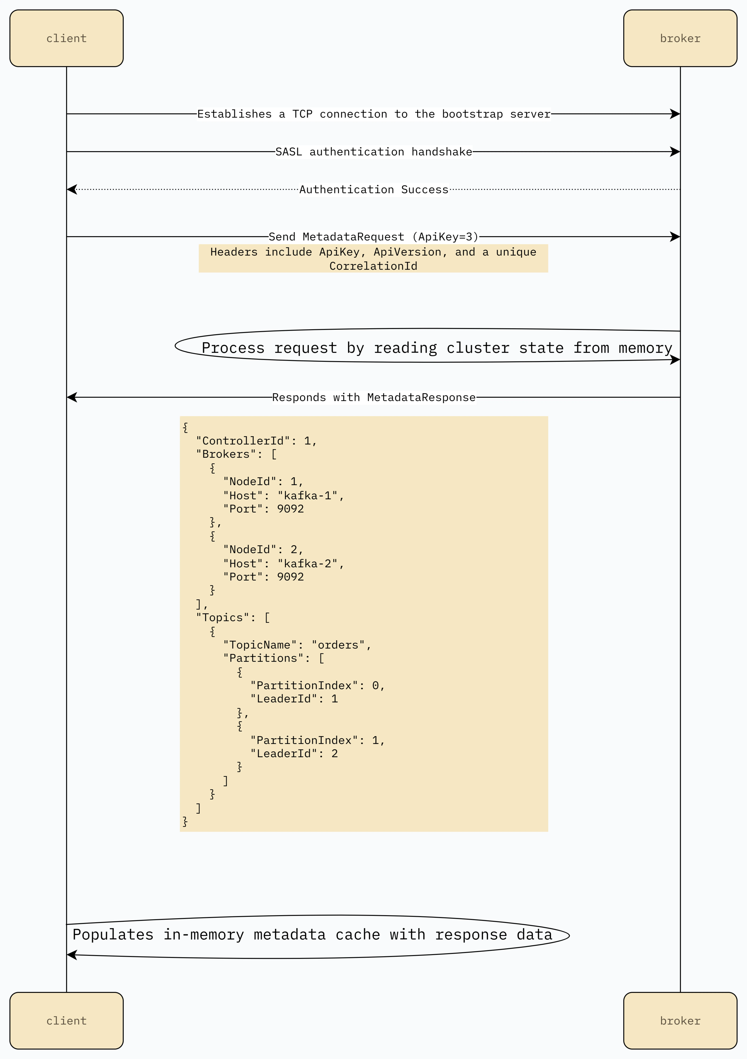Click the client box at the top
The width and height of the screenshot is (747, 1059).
click(66, 38)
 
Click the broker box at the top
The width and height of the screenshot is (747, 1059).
click(680, 38)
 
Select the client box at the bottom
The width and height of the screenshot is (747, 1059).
click(66, 1021)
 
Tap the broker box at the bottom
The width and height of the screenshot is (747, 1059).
click(680, 1021)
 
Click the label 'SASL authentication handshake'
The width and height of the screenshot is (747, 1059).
click(373, 152)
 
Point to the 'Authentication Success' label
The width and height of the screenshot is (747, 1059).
click(373, 190)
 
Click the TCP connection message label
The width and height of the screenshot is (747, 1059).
click(373, 114)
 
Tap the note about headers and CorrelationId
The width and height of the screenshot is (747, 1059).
click(373, 258)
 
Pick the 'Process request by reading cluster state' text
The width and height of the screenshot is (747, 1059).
click(437, 348)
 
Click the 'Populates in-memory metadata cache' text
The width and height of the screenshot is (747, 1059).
click(312, 934)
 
